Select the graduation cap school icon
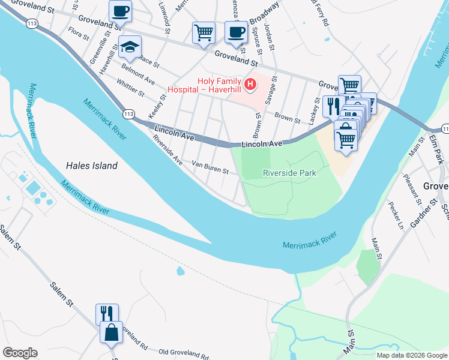(130, 46)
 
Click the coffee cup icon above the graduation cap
(120, 10)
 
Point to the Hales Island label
(91, 166)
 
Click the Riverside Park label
(289, 173)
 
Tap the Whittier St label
(130, 88)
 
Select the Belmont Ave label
(138, 74)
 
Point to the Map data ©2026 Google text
(411, 355)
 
